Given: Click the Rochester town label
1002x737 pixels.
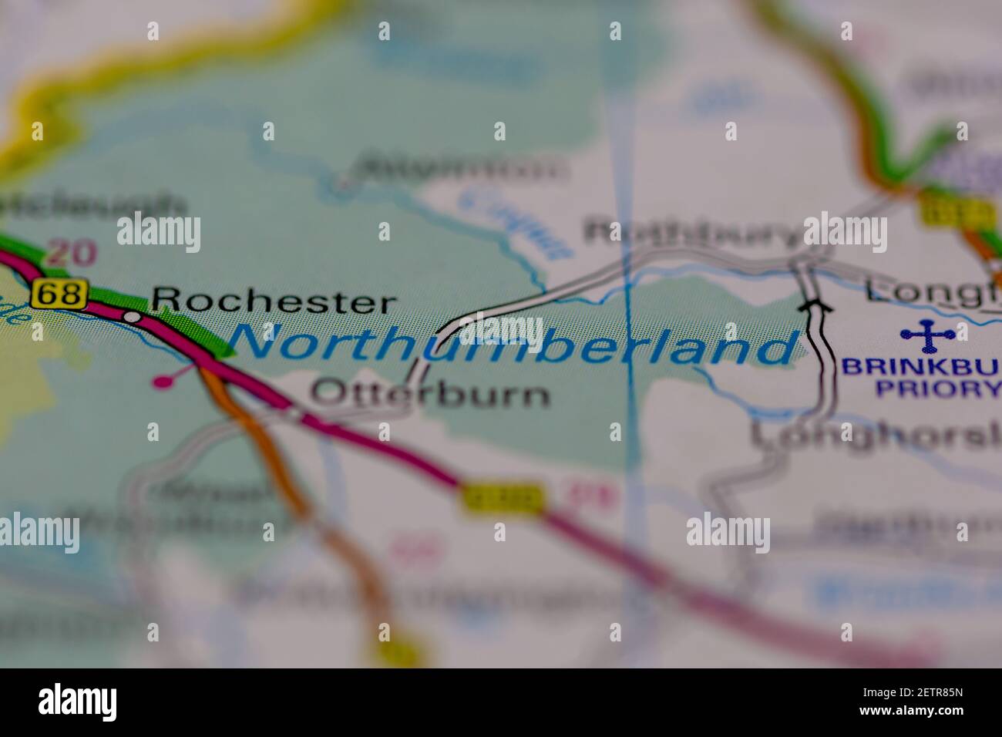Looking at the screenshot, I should tap(274, 301).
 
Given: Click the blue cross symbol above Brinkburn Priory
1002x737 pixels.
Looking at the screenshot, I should tap(927, 335).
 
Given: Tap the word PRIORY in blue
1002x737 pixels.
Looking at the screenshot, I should tap(937, 388).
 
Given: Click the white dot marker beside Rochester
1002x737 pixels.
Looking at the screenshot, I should tap(133, 316).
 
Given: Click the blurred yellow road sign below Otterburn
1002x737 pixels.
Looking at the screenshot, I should tap(503, 499).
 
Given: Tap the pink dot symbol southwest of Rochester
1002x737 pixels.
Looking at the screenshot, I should tap(162, 381).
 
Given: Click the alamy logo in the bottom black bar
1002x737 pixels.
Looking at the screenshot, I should tap(78, 702).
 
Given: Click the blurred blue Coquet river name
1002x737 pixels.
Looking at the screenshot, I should tap(514, 224).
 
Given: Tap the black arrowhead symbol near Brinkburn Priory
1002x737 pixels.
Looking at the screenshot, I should tap(815, 306).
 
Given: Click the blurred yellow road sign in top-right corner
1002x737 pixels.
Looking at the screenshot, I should tap(957, 210).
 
